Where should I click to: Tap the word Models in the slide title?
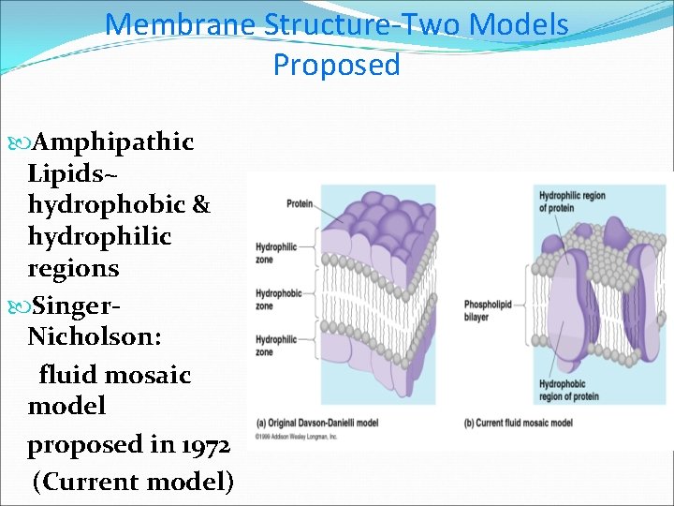(x=520, y=24)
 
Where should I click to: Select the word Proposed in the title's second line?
(x=336, y=65)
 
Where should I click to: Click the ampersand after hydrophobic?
(x=200, y=205)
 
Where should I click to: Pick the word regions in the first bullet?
(x=73, y=268)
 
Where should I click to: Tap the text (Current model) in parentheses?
(x=132, y=482)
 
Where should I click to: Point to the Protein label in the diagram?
(x=300, y=203)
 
